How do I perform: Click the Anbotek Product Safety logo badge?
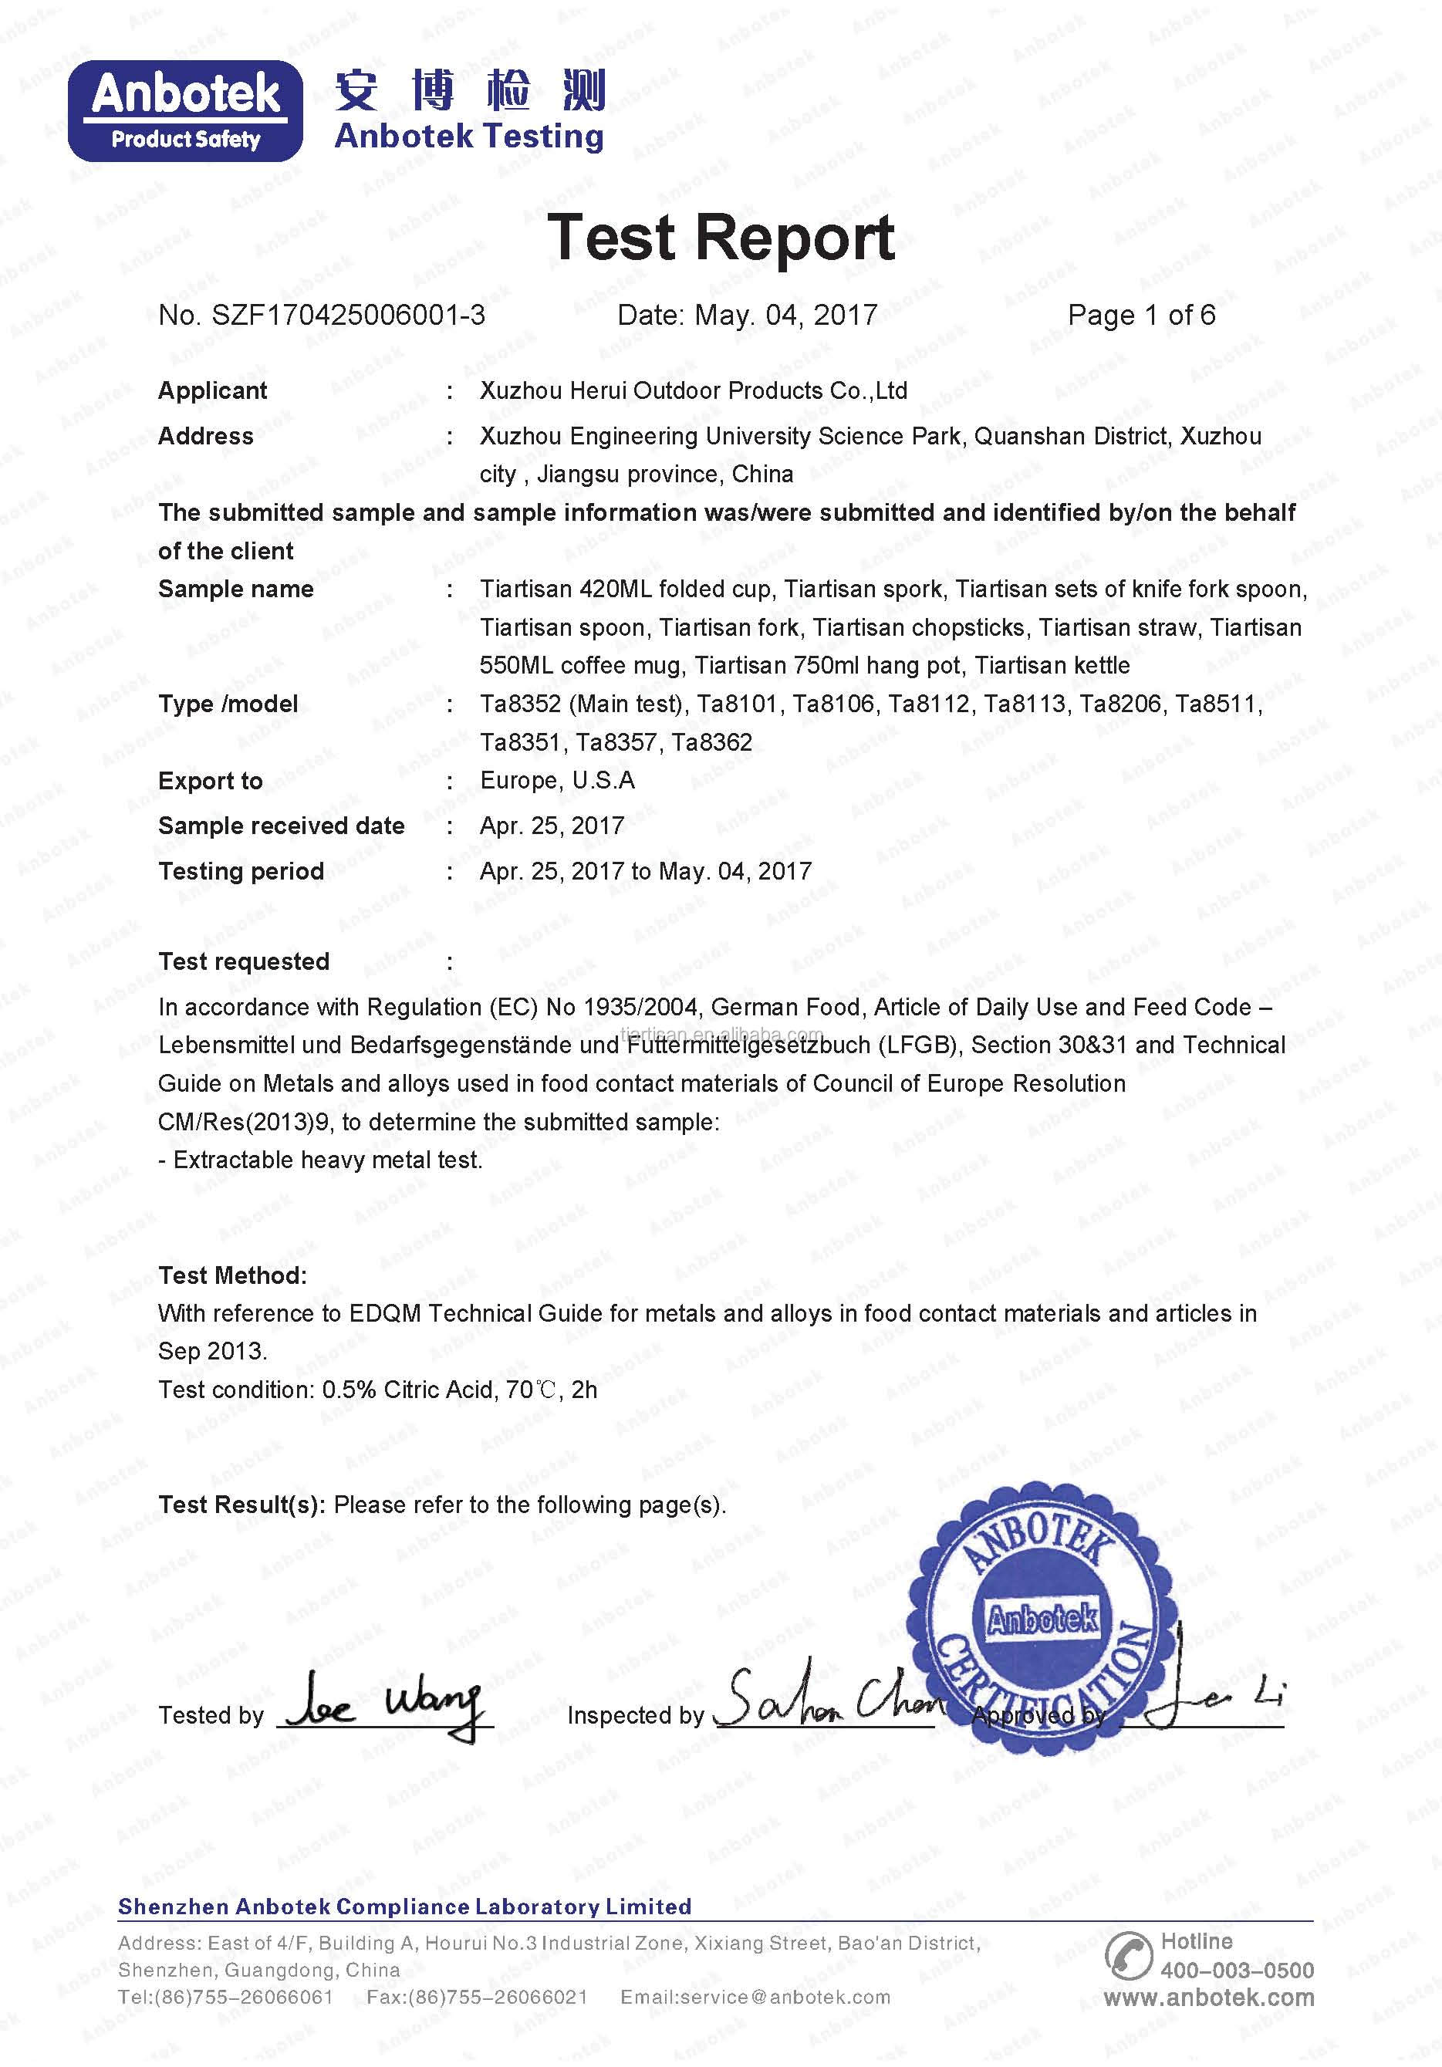click(x=185, y=112)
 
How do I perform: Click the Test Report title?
click(x=720, y=238)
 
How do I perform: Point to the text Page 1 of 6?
click(x=1140, y=315)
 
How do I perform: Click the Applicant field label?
click(x=212, y=390)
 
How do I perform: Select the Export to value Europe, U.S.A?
click(x=557, y=781)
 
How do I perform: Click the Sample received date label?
click(x=281, y=826)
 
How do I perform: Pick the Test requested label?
click(x=244, y=961)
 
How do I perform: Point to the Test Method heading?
click(x=232, y=1275)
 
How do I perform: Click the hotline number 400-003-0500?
click(x=1237, y=1970)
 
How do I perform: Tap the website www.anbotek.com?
click(x=1208, y=1998)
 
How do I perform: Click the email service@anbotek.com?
click(x=755, y=1997)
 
